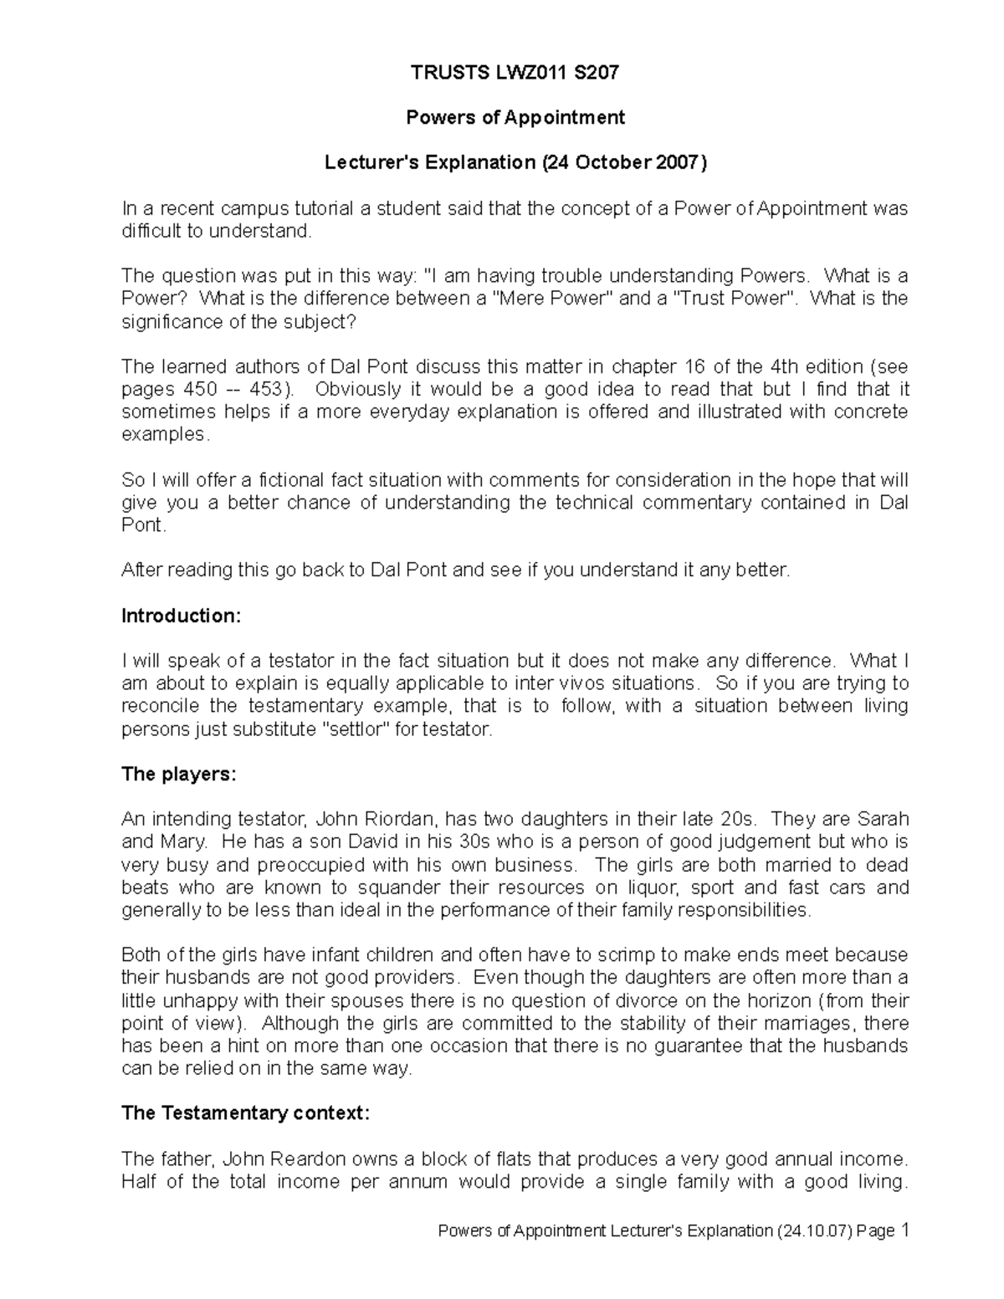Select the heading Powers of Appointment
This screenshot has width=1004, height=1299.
point(515,118)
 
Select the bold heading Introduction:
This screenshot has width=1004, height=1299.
point(182,616)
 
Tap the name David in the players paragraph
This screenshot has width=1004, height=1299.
point(312,842)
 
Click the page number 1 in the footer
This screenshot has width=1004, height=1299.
point(904,1230)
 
